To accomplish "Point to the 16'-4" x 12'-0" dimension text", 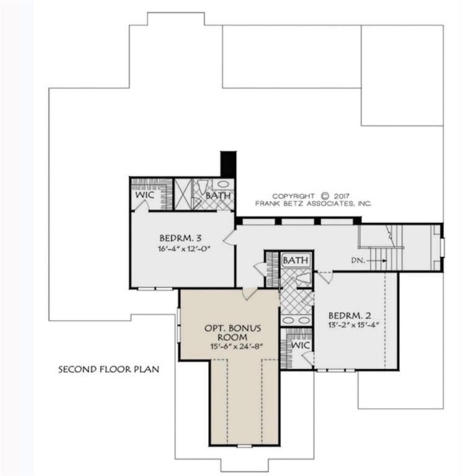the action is point(184,249).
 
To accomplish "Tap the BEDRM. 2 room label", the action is point(349,315).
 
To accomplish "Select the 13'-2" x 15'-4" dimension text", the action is point(354,325).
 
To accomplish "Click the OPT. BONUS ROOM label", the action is point(233,332).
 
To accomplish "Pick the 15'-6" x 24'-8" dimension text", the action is point(236,346).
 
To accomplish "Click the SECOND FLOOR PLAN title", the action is point(109,369).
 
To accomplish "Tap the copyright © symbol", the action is point(325,196).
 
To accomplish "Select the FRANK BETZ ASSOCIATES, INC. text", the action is point(313,203).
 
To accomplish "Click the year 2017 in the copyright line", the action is point(342,196).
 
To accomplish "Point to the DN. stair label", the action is point(358,260).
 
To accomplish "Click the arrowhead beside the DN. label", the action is point(385,260).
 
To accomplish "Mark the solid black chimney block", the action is point(228,164).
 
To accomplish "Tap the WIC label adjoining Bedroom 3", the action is point(145,195).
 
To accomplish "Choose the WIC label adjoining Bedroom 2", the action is point(300,345).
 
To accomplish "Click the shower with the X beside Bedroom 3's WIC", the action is point(182,194).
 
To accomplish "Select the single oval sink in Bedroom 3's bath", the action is point(223,184).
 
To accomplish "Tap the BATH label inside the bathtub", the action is point(295,260).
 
